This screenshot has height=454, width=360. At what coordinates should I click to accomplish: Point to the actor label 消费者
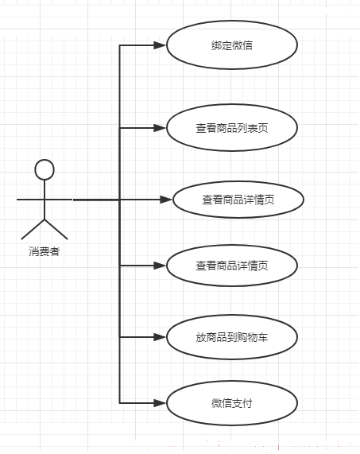(45, 251)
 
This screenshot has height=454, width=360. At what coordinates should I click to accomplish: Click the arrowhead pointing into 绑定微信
(160, 45)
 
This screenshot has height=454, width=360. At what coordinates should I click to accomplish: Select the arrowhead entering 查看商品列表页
(160, 128)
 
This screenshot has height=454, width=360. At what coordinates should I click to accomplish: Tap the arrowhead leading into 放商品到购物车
(160, 337)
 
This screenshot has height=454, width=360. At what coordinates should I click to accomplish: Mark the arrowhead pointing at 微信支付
(160, 403)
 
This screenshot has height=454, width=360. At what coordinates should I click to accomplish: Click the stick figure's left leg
(33, 229)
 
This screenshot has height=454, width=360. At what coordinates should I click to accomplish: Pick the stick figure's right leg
(56, 229)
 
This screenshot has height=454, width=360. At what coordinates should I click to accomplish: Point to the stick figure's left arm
(30, 200)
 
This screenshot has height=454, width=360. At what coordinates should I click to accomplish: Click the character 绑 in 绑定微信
(216, 45)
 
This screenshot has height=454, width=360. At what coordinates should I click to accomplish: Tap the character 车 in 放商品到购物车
(263, 337)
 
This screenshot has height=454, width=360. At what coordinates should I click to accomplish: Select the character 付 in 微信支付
(247, 403)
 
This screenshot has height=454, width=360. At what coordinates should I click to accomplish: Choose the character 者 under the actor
(55, 251)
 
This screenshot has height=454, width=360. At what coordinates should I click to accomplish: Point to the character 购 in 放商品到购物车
(242, 337)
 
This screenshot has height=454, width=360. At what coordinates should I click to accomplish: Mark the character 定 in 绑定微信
(226, 45)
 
